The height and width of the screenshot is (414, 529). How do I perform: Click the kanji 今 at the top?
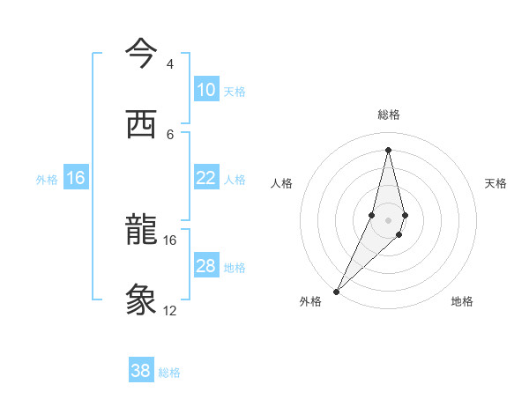coord(141,55)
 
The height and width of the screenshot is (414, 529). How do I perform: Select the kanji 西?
coord(141,123)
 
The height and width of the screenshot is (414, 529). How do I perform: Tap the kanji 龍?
coord(141,230)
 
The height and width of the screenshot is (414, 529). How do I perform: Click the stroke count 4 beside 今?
coord(170,64)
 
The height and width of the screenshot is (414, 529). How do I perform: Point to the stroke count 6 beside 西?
coord(170,134)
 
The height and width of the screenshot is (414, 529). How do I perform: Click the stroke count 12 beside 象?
coord(170,311)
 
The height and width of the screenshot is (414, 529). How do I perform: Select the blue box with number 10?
coord(205,90)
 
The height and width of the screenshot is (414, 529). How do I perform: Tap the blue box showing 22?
coord(205,178)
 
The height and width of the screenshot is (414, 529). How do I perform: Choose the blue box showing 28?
coord(205,266)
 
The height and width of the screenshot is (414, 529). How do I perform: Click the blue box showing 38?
coord(141,371)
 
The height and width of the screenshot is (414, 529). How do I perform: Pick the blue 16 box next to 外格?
coord(76,178)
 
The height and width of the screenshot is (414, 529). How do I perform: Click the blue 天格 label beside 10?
coord(235,91)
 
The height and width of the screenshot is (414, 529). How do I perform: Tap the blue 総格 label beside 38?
coord(169,373)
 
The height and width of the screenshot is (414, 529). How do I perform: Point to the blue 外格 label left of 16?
coord(47,180)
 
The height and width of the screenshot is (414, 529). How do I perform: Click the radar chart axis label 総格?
coord(389,115)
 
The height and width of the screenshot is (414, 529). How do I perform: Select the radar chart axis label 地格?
coord(462,301)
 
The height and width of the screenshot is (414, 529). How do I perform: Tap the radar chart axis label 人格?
coord(281,183)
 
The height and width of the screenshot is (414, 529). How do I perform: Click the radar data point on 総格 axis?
coord(389,150)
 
